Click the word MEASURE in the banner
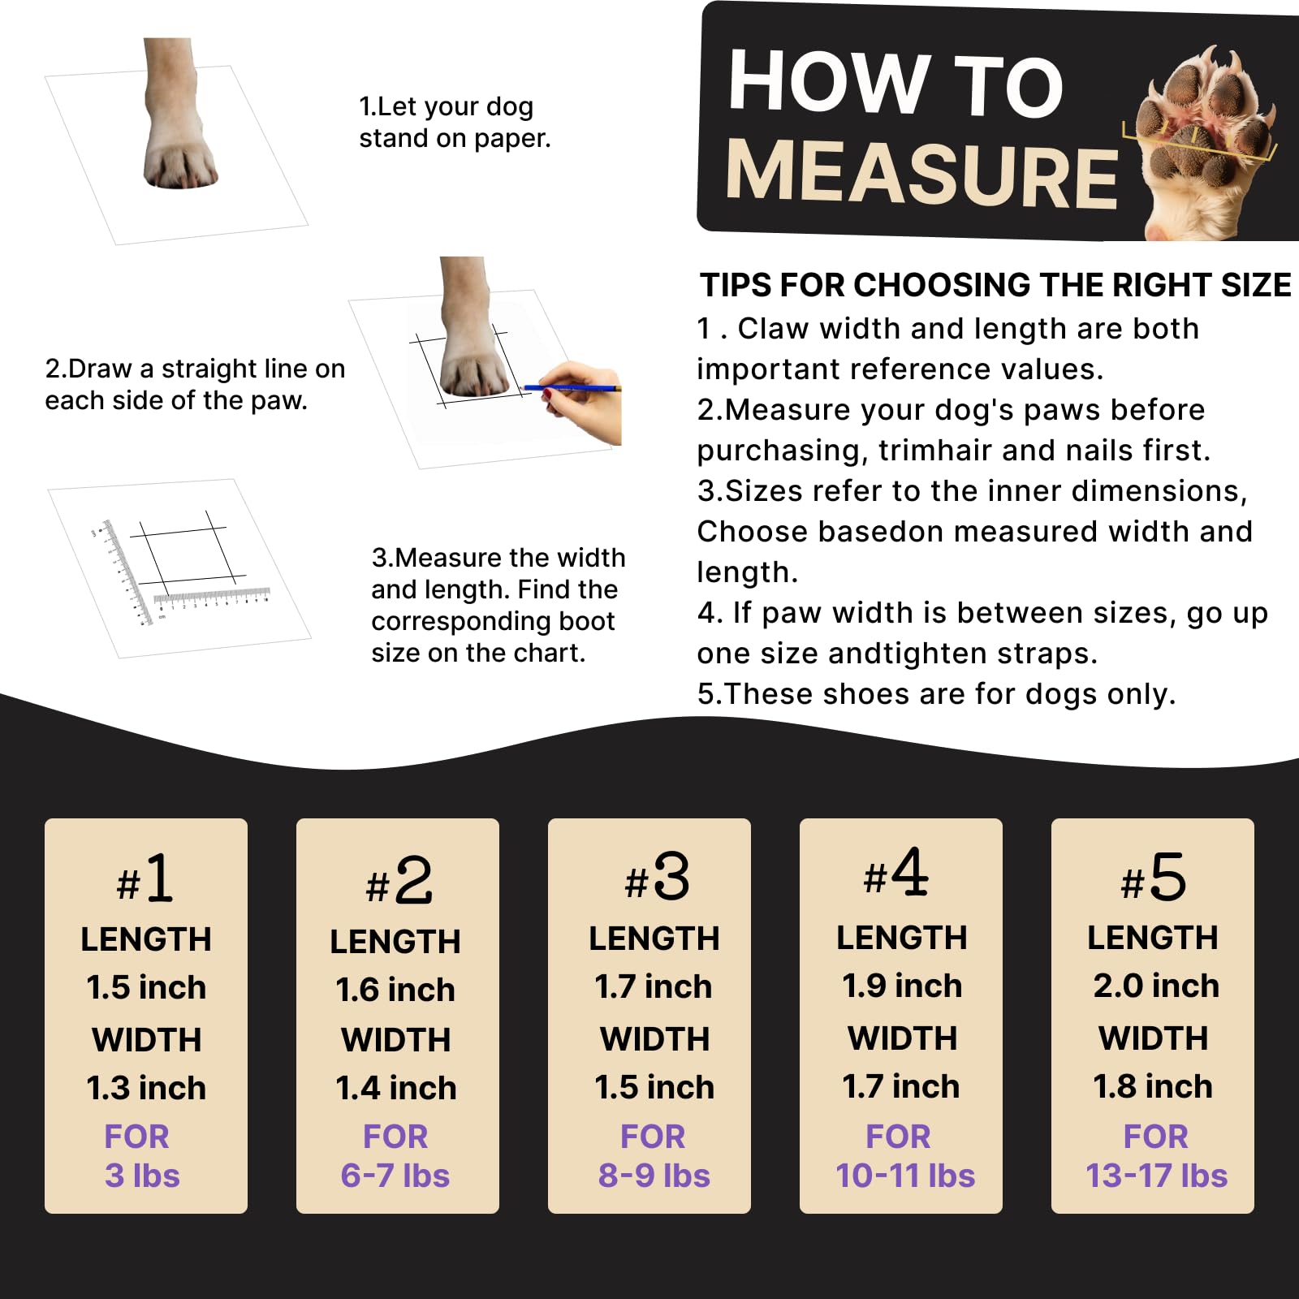(x=922, y=173)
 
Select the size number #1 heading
(x=145, y=879)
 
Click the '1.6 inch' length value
(x=395, y=990)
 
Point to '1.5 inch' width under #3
(x=654, y=1087)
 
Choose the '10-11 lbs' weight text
(x=904, y=1176)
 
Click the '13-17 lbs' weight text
(x=1156, y=1176)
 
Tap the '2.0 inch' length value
(x=1155, y=986)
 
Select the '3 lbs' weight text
(x=142, y=1176)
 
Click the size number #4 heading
(x=896, y=874)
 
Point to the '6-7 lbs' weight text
(x=395, y=1176)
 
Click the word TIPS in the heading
(x=736, y=286)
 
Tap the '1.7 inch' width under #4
(x=900, y=1086)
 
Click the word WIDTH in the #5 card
(x=1153, y=1038)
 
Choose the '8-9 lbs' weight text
(x=654, y=1176)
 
